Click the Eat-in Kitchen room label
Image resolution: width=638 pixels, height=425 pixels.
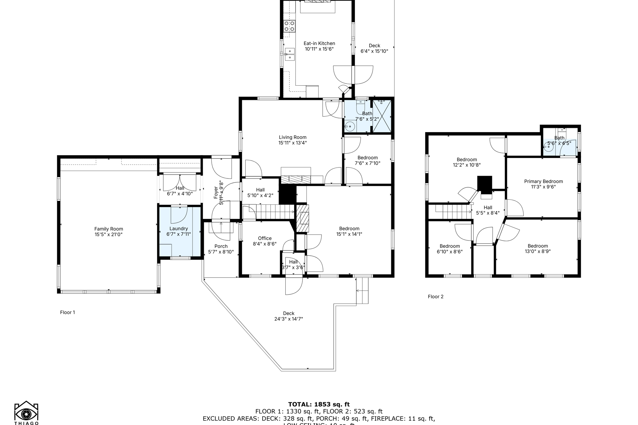point(319,43)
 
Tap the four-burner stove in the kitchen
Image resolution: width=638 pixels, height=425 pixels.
point(290,27)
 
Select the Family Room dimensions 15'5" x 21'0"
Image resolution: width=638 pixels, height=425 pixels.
point(108,234)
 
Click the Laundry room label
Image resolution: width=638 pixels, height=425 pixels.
point(179,228)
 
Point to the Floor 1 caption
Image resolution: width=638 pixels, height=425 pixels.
point(67,312)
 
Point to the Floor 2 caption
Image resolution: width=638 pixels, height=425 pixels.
point(436,297)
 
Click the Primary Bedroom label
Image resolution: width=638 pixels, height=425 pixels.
point(543,181)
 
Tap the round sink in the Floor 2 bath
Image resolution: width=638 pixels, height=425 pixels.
point(549,149)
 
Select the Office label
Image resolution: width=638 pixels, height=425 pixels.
point(264,238)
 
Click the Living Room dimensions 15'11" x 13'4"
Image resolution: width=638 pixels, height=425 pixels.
point(292,143)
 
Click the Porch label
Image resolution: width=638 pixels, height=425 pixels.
point(221,246)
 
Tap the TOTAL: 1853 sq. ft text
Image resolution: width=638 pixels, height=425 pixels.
point(319,404)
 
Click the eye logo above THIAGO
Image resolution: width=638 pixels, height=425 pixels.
point(26,414)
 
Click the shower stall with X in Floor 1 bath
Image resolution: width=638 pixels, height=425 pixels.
point(382,116)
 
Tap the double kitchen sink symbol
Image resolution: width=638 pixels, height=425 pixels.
point(290,54)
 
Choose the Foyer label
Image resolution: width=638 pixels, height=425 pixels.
point(216,192)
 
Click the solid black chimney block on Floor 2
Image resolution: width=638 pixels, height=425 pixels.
point(485,183)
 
